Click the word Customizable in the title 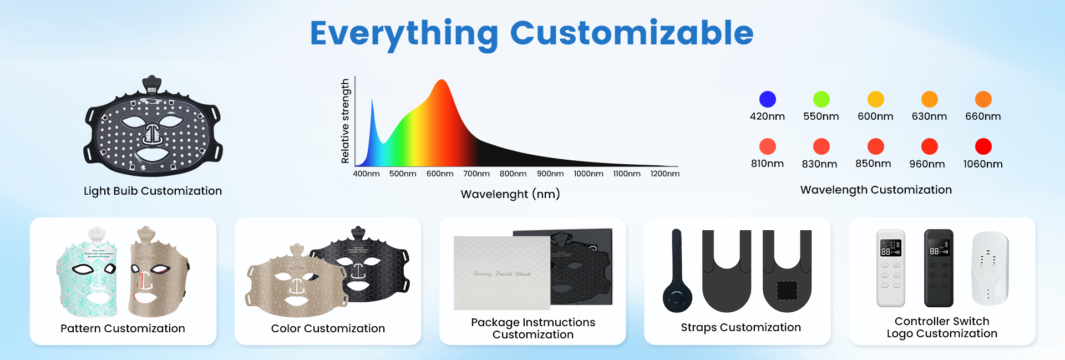pos(631,33)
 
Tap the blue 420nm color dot pos(767,99)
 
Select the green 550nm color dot pos(821,99)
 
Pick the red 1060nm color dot pos(983,146)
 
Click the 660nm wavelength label pos(983,116)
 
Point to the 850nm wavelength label pos(873,164)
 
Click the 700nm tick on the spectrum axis pos(476,174)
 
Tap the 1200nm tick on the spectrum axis pos(665,174)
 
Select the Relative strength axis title pos(345,121)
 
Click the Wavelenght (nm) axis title pos(510,194)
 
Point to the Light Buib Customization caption pos(153,191)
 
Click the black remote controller pos(939,268)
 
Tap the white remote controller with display pos(890,268)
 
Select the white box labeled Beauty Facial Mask pos(501,273)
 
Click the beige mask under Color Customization pos(297,283)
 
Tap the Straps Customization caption pos(741,328)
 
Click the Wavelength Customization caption pos(876,190)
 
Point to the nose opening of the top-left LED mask pos(153,133)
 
